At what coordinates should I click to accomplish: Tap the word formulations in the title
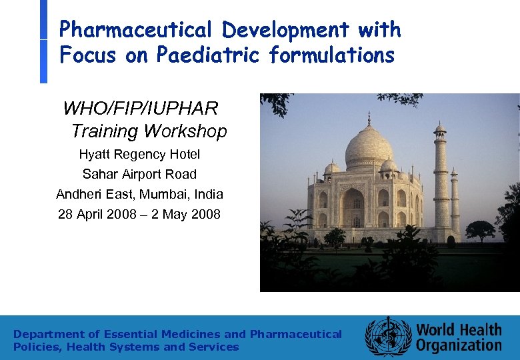[332, 55]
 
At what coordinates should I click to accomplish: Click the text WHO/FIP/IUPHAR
[140, 108]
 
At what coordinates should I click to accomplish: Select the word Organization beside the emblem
[459, 345]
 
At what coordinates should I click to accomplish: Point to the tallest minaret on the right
[440, 180]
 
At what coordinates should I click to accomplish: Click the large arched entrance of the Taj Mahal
[352, 207]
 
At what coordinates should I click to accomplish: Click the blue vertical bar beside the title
[44, 41]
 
